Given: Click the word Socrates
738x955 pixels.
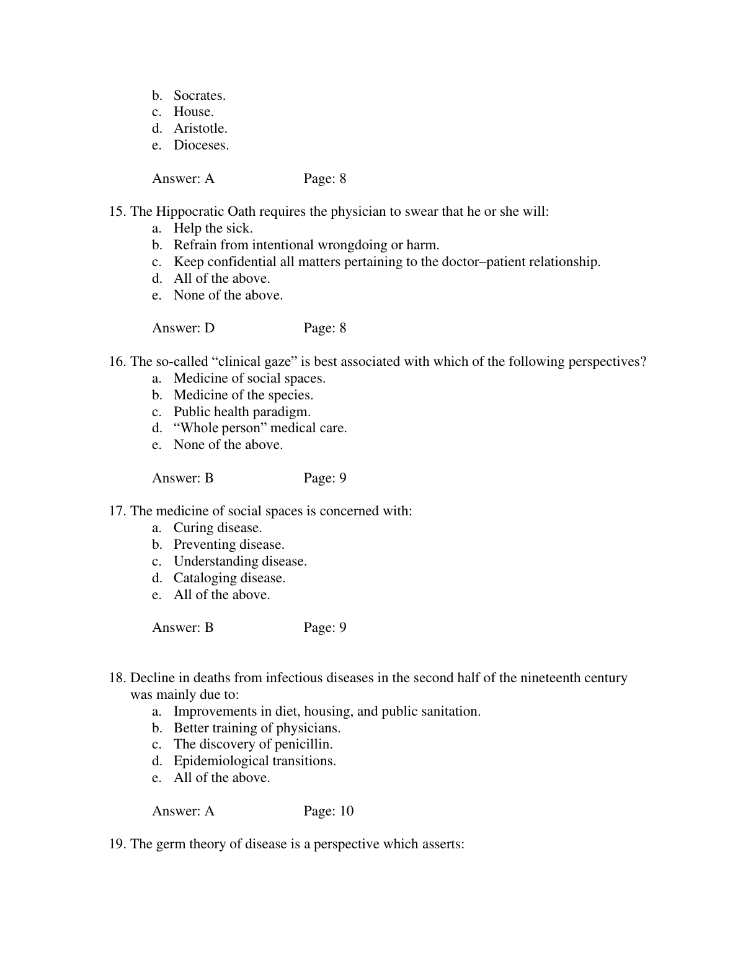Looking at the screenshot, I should coord(199,95).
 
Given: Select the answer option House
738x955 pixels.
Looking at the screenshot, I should coord(193,112).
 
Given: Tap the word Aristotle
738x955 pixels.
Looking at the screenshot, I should coord(200,128).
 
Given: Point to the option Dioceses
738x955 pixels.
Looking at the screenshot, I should coord(201,145).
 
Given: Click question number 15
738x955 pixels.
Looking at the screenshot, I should coord(118,211).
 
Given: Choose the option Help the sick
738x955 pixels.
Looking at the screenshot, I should coord(213,228).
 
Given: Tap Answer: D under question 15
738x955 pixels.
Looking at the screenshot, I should coord(183,328).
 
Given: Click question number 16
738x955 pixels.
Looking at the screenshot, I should coord(118,362).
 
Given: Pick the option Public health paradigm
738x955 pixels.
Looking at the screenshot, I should coord(242,412).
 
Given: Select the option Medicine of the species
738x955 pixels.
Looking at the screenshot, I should coord(243,395).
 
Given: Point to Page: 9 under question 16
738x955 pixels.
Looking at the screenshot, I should coord(325,478).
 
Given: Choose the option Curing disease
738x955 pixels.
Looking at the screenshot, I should coord(218,528).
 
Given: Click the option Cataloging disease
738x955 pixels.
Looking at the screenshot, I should coord(229,578).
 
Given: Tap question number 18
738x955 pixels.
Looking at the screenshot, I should coord(118,678).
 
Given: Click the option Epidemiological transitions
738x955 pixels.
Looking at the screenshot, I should coord(254,761).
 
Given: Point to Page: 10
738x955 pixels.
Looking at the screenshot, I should coord(329,811).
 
